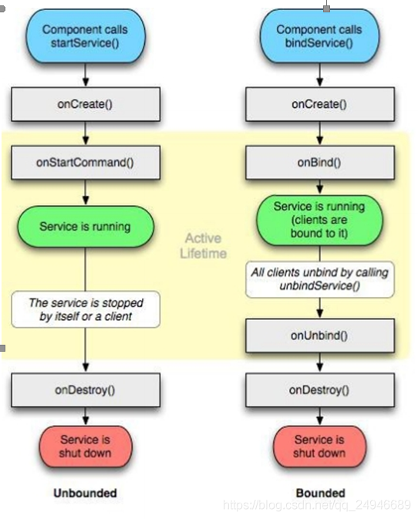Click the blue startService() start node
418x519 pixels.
[86, 35]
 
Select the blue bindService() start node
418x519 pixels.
[319, 35]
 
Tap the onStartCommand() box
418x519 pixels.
[86, 163]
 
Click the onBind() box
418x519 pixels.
[320, 163]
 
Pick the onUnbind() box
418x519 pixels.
[320, 335]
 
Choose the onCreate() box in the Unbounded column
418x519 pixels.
[86, 104]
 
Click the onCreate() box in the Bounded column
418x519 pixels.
[320, 104]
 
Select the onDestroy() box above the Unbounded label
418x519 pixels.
[86, 390]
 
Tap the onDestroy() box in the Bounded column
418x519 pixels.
[320, 390]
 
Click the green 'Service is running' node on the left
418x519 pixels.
[86, 227]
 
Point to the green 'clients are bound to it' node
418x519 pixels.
[319, 220]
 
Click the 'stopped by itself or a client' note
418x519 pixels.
[86, 309]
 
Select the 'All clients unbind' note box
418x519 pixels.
[320, 279]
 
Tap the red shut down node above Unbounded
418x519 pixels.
[86, 447]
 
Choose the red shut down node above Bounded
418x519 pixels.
[320, 447]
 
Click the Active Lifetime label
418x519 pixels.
[203, 246]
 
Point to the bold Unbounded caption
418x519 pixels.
[85, 494]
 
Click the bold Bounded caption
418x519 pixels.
[320, 494]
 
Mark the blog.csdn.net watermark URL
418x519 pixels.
[317, 505]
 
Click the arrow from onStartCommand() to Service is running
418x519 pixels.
[86, 192]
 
